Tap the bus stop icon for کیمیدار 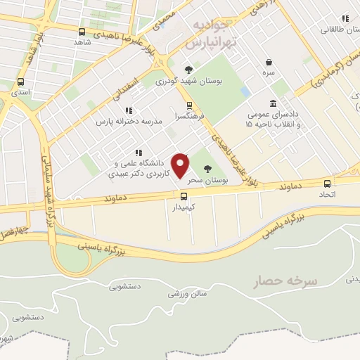click(184, 197)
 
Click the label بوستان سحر click(208, 181)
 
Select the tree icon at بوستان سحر click(207, 168)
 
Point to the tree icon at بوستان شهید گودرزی click(188, 69)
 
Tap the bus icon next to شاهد click(82, 32)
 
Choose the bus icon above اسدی click(20, 80)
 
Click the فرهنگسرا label click(190, 116)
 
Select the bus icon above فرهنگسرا click(189, 105)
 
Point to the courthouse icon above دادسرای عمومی click(273, 103)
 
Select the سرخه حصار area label click(286, 281)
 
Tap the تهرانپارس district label click(209, 43)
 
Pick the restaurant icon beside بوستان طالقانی click(345, 18)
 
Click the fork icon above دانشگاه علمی click(139, 152)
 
